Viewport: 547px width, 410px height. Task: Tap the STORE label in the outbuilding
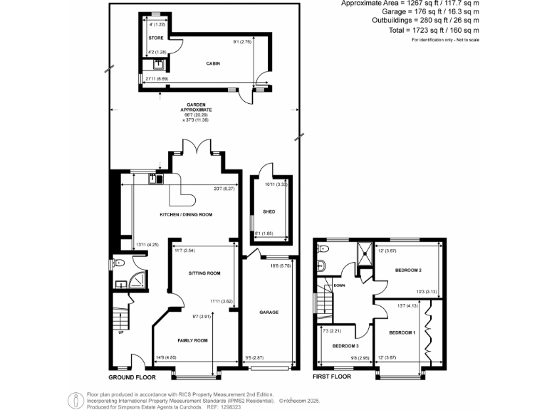[156, 38]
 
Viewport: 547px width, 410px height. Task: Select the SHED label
[269, 212]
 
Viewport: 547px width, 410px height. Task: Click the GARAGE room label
[269, 312]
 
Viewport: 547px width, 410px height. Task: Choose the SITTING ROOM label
[204, 273]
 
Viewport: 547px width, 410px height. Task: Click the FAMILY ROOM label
[192, 341]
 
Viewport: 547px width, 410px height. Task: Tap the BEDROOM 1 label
[402, 332]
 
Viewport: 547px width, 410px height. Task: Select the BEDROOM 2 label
[410, 270]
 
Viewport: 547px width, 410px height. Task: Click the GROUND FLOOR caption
[132, 377]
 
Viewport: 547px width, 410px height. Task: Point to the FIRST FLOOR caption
[333, 377]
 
